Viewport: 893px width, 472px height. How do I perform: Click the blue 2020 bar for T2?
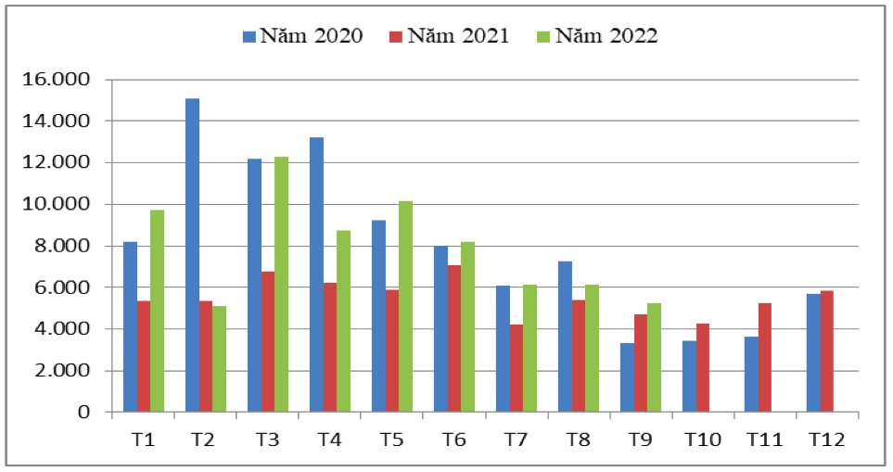(x=192, y=255)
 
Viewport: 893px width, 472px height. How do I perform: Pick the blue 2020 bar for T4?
(x=316, y=274)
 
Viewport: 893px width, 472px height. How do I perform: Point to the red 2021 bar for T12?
(x=827, y=351)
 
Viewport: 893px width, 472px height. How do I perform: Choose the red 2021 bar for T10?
(x=703, y=367)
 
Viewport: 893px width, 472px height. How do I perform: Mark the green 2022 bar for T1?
(x=158, y=311)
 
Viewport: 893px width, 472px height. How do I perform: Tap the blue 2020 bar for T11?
(x=751, y=375)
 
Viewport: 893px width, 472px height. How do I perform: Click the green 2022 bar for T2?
(x=219, y=359)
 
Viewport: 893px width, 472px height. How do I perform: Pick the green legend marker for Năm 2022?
(x=543, y=37)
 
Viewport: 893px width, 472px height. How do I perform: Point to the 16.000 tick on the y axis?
(x=57, y=80)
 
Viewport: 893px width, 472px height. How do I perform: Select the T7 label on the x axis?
(x=516, y=440)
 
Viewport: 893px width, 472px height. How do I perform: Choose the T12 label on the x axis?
(x=826, y=440)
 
